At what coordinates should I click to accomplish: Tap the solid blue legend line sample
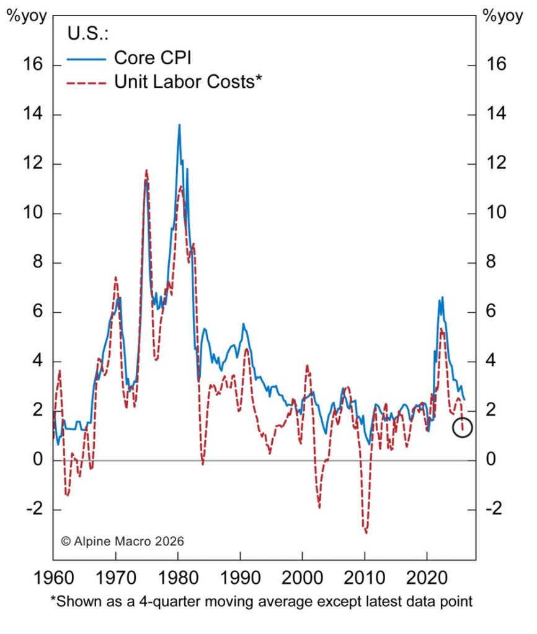(x=87, y=59)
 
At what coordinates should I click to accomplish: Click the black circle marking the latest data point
(x=463, y=427)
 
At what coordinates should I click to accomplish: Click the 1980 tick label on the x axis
(x=178, y=580)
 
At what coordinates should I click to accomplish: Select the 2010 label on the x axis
(x=365, y=580)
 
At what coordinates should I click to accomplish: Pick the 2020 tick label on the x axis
(x=427, y=580)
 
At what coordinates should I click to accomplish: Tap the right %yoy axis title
(x=502, y=16)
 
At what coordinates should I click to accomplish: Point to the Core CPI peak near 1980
(x=179, y=125)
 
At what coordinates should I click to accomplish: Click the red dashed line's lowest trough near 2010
(x=366, y=532)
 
